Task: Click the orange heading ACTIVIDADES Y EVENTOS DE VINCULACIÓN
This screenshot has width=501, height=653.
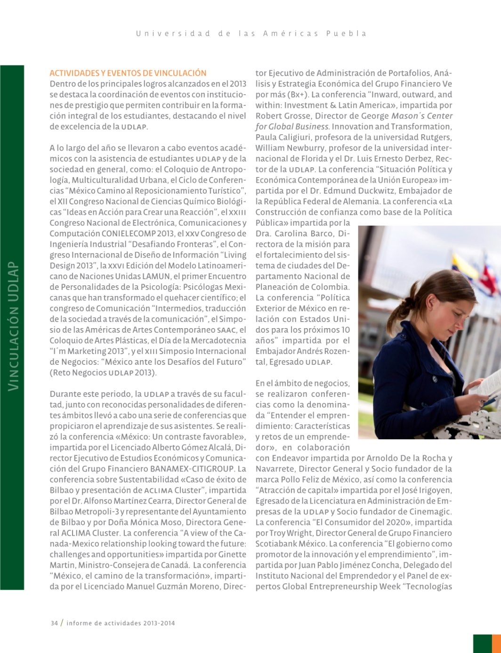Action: pyautogui.click(x=128, y=73)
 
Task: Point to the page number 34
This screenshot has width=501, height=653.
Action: pyautogui.click(x=54, y=623)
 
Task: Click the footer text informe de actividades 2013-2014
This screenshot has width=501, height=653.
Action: pyautogui.click(x=121, y=623)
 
